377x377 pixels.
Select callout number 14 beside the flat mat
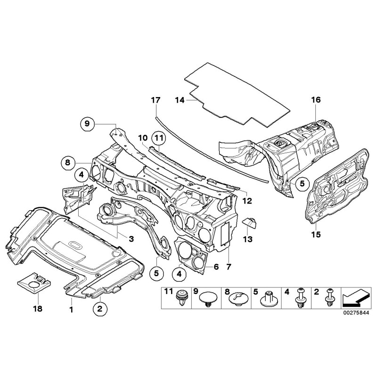click(x=180, y=100)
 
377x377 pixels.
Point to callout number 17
click(x=156, y=100)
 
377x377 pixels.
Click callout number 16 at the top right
click(x=315, y=100)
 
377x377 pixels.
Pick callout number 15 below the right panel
click(x=315, y=233)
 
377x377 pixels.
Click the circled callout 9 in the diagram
click(x=87, y=124)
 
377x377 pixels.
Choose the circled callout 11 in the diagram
click(x=157, y=138)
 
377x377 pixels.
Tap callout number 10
click(x=143, y=138)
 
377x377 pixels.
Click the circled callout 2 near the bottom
click(x=100, y=309)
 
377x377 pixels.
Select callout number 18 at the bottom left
click(x=37, y=309)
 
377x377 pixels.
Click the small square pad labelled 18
click(x=34, y=285)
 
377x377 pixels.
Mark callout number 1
click(x=71, y=309)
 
